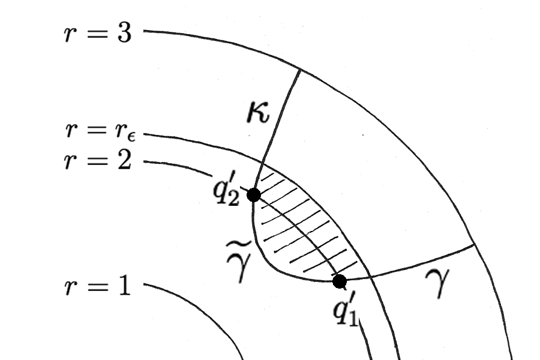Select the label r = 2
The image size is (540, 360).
(97, 161)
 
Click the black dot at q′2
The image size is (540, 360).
(254, 195)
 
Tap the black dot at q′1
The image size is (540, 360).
(340, 281)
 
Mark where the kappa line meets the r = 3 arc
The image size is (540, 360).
(299, 70)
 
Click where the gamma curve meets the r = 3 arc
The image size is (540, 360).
(475, 244)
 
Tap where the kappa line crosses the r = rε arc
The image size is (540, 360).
(262, 161)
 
